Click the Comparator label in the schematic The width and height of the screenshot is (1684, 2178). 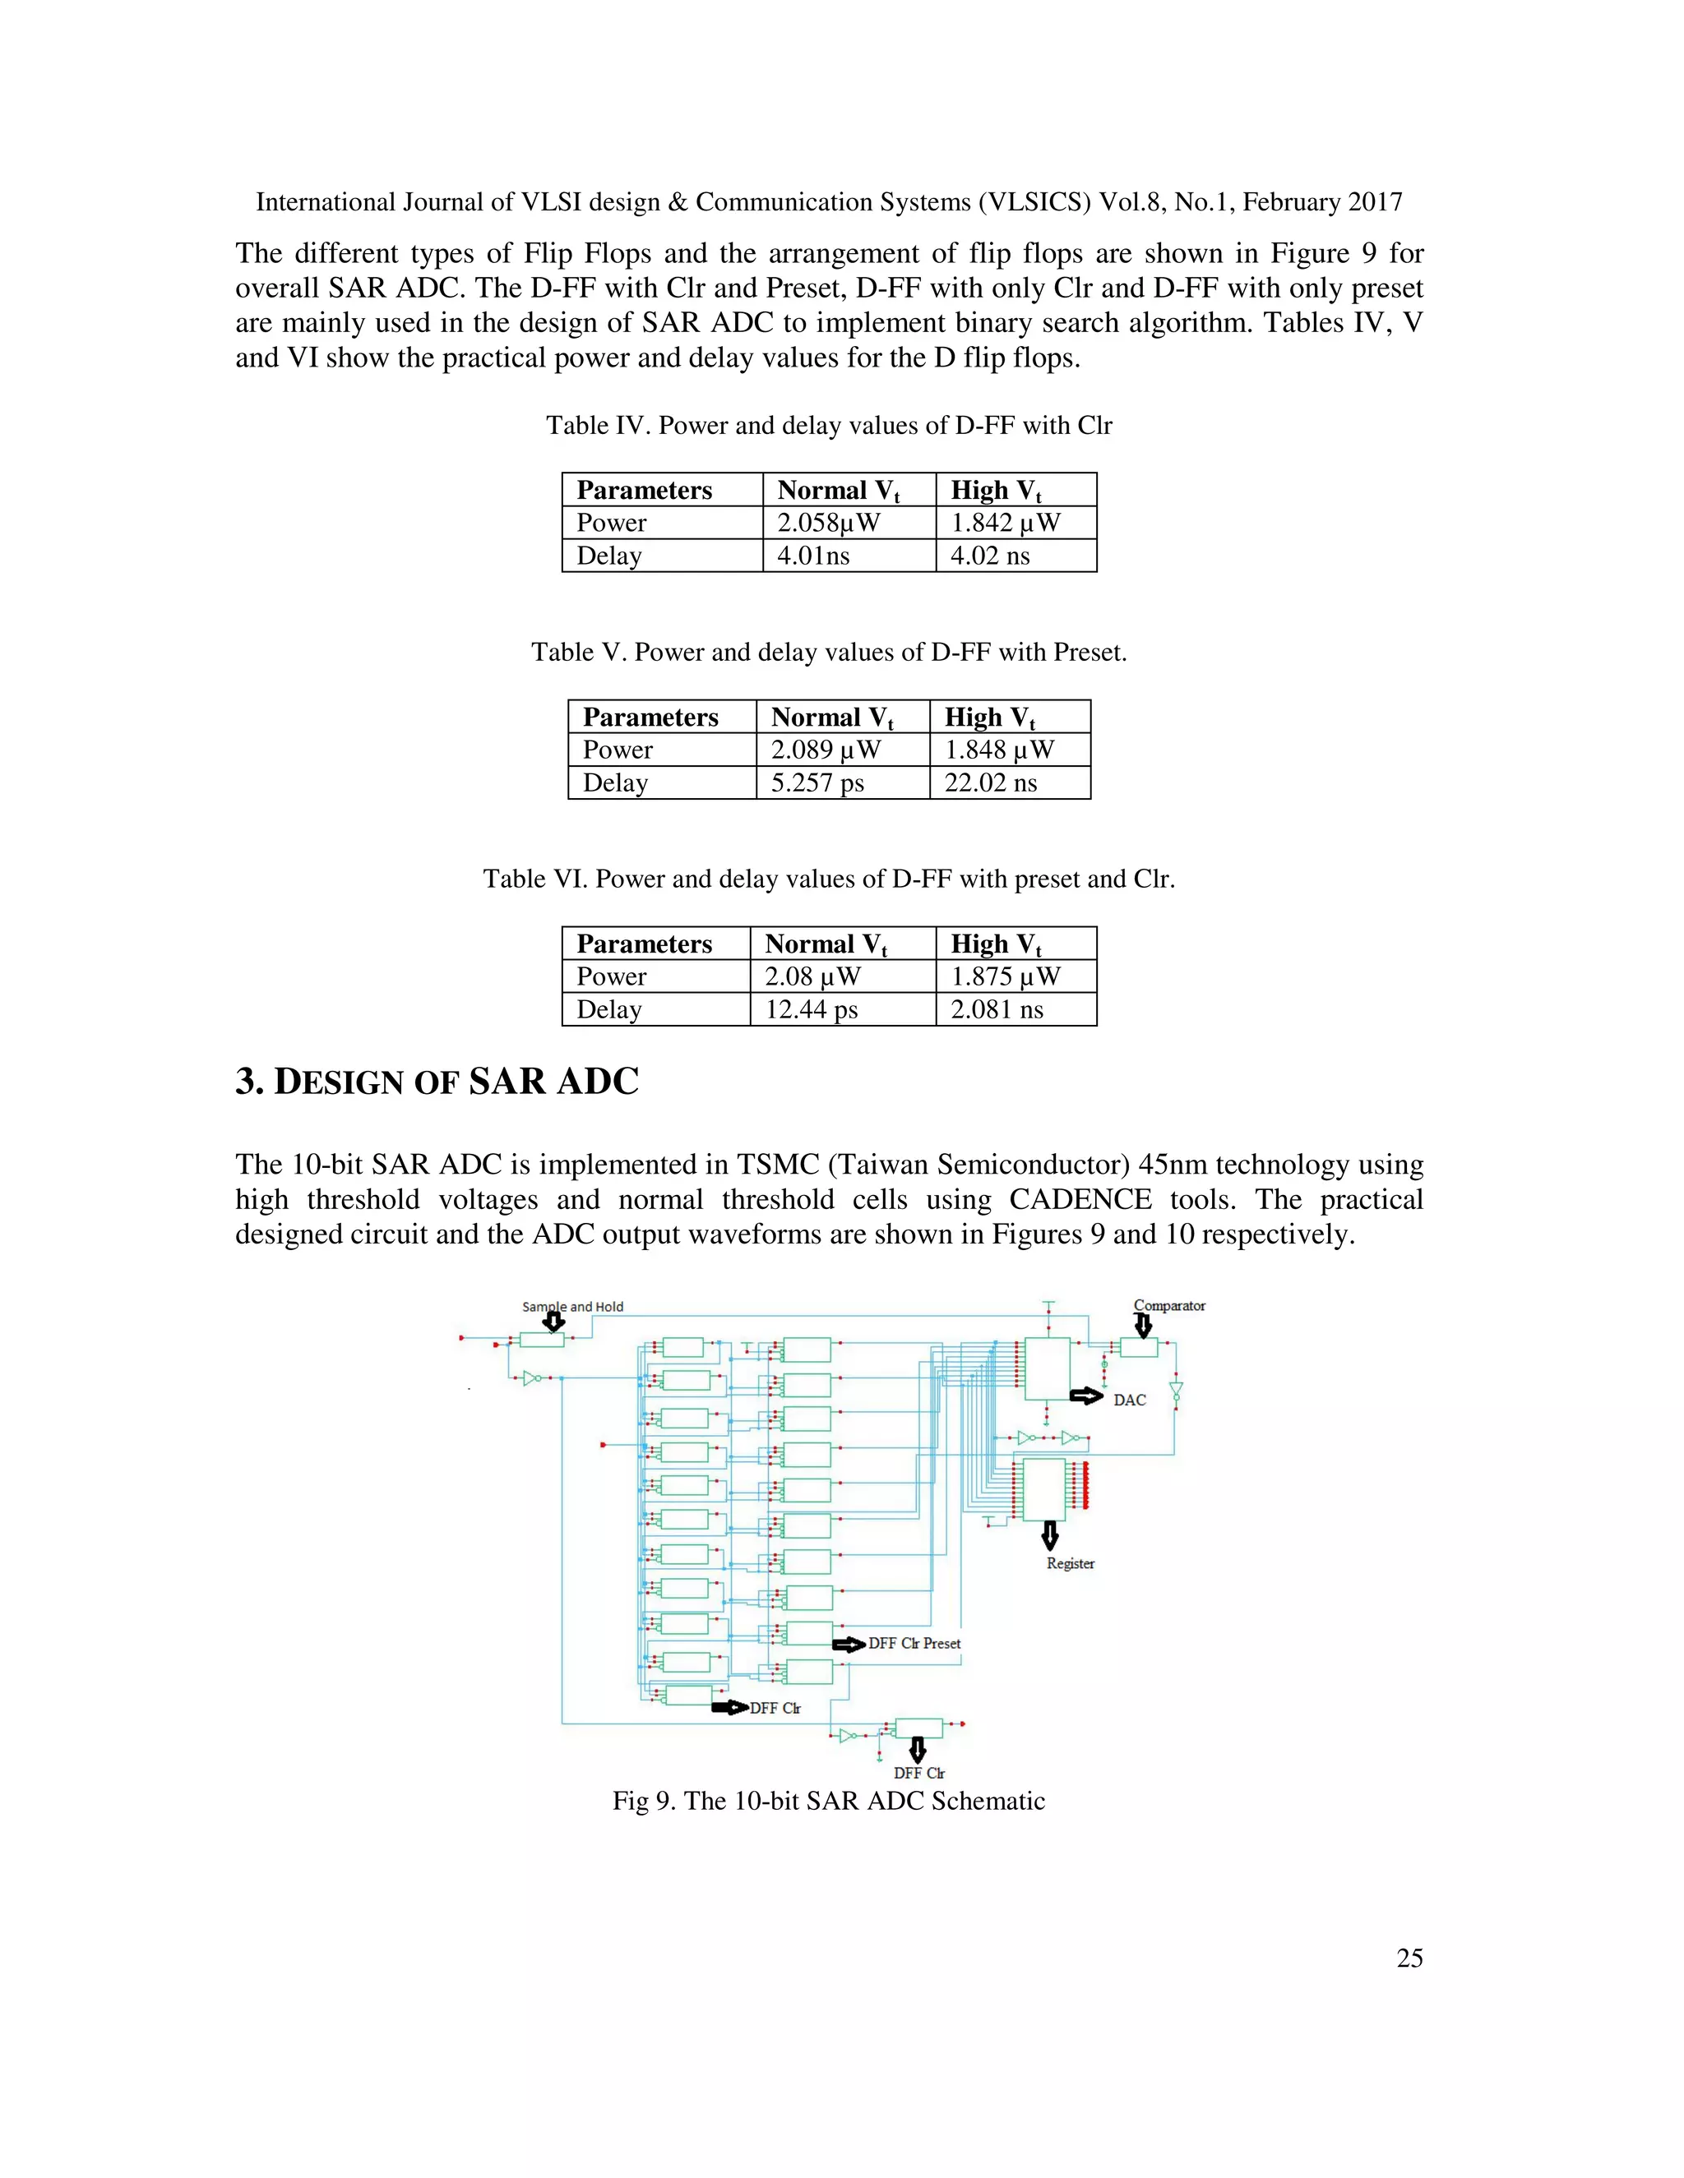pyautogui.click(x=1169, y=1305)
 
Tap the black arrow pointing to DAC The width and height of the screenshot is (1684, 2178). pyautogui.click(x=1086, y=1396)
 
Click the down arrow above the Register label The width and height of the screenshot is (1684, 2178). pyautogui.click(x=1049, y=1534)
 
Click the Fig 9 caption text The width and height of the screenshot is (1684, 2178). pyautogui.click(x=828, y=1801)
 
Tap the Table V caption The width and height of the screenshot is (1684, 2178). pyautogui.click(x=828, y=653)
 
